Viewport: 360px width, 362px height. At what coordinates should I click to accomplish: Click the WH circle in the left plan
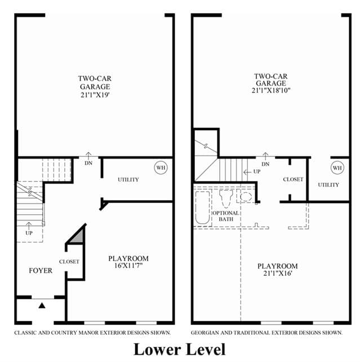161,167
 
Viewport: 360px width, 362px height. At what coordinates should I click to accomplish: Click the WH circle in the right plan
337,167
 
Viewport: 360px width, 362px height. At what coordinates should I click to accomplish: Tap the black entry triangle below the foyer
42,306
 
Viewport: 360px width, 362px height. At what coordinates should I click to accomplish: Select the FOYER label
41,271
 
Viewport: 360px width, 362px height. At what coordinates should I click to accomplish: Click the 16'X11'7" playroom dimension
128,266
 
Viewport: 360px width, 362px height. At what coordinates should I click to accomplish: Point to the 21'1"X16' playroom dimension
278,273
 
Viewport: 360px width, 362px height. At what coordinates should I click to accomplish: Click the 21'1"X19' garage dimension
95,95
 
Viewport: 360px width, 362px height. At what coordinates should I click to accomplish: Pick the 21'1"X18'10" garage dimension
271,90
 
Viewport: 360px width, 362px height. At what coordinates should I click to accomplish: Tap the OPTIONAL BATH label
225,216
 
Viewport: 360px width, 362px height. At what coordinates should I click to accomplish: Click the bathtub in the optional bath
202,208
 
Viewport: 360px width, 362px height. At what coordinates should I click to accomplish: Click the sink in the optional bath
246,197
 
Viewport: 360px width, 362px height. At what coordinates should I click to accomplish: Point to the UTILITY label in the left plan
128,180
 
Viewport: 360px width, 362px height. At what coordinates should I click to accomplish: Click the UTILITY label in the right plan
328,185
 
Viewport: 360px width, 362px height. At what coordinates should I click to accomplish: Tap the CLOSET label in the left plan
69,262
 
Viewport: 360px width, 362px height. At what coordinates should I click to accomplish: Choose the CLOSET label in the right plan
293,179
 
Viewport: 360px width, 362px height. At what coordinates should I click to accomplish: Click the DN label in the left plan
88,163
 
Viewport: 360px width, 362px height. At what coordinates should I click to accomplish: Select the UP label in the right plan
257,171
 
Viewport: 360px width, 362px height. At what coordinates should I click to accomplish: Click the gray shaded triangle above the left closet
78,237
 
